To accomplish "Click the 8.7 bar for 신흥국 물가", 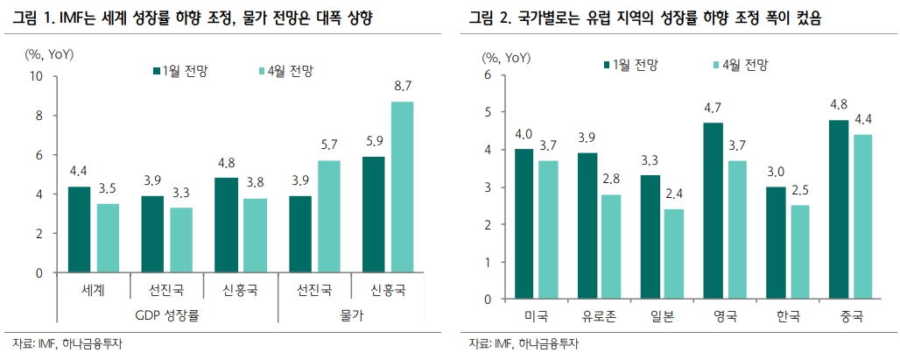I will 403,187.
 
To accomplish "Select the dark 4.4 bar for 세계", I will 79,229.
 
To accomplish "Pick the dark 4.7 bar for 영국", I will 713,211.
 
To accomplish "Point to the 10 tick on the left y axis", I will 37,76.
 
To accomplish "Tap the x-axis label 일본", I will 662,315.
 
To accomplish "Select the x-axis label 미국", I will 536,315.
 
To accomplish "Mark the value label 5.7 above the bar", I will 329,144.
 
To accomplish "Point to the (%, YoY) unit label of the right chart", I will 505,57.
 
